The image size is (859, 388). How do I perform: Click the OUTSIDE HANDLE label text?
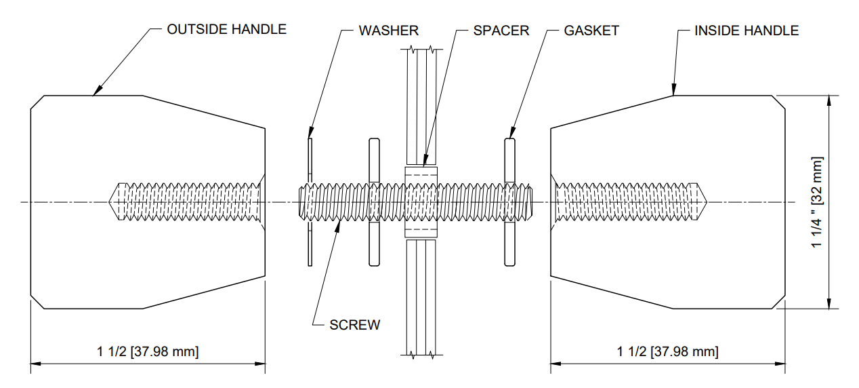(x=226, y=30)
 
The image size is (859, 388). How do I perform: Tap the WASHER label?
(x=388, y=31)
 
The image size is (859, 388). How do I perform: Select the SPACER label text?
(x=501, y=31)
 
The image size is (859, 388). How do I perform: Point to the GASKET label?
(x=591, y=31)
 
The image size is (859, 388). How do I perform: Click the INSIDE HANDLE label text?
(x=746, y=31)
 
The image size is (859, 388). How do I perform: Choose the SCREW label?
(x=354, y=325)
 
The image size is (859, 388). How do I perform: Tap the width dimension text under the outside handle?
(x=148, y=351)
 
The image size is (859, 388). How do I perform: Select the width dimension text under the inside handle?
(x=667, y=351)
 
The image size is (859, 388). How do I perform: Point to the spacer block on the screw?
(x=421, y=202)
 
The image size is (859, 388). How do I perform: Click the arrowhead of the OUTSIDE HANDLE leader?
(x=96, y=92)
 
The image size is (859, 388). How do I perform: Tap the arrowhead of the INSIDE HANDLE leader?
(x=674, y=91)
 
